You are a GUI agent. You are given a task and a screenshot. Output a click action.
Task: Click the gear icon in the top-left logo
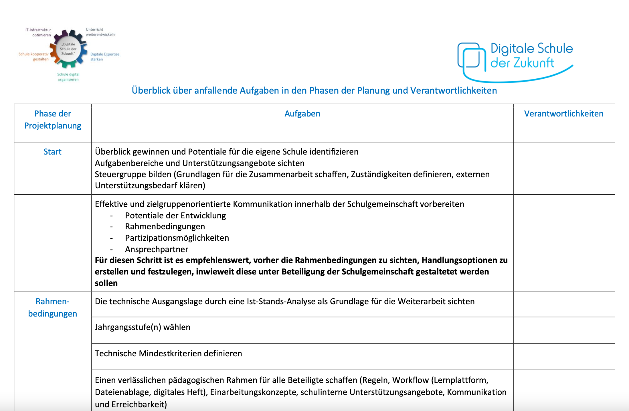[x=68, y=49]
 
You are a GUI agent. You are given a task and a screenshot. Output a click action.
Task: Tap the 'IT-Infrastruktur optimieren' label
[x=38, y=32]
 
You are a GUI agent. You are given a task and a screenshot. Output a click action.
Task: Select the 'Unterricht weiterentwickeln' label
[x=100, y=32]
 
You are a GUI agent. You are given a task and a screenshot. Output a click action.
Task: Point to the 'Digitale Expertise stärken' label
[x=104, y=57]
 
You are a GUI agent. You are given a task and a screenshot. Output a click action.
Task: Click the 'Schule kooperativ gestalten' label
[x=34, y=56]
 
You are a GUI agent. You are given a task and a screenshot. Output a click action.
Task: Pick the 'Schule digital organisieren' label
[x=68, y=77]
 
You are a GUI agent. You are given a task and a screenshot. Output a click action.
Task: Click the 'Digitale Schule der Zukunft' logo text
[x=531, y=56]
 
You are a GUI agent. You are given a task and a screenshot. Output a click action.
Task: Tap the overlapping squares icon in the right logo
[x=471, y=56]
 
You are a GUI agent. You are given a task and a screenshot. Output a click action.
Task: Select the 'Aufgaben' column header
[x=302, y=114]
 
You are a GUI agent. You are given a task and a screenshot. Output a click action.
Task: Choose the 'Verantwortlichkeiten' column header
[x=563, y=114]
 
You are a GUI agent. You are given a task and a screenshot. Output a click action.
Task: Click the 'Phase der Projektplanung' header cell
[x=53, y=120]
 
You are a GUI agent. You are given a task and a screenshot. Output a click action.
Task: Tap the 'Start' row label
[x=52, y=152]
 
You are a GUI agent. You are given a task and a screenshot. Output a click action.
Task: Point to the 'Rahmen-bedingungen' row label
[x=53, y=307]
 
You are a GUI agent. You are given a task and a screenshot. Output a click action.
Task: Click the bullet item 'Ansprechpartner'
[x=157, y=249]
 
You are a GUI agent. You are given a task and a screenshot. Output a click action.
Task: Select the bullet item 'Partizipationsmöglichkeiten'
[x=177, y=238]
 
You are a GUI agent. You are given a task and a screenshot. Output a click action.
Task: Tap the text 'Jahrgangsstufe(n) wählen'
[x=143, y=327]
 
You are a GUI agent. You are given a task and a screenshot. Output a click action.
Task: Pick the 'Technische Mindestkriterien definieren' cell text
[x=168, y=353]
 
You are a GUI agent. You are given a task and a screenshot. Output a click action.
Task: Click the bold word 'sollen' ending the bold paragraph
[x=106, y=283]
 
